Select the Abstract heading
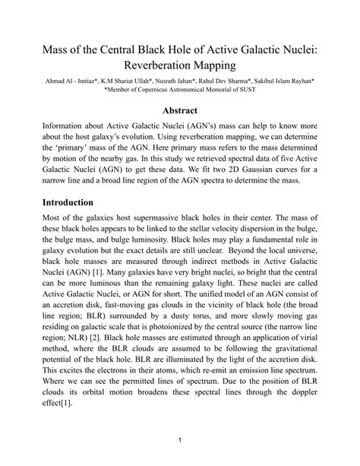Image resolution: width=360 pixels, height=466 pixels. [179, 109]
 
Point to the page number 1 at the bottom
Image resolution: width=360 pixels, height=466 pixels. [179, 440]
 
